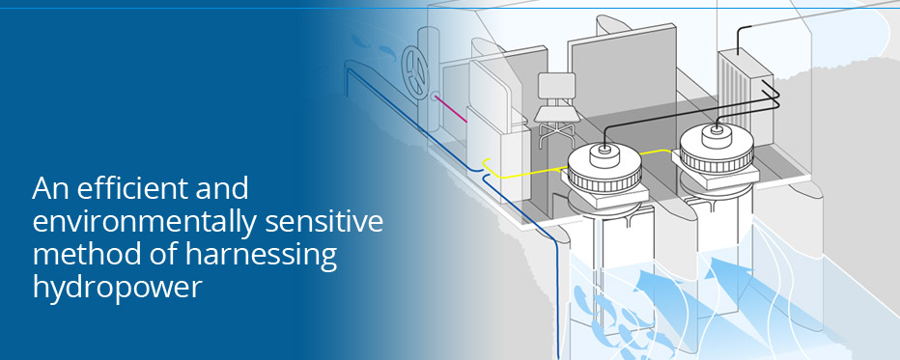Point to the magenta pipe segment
pyautogui.click(x=452, y=108)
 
